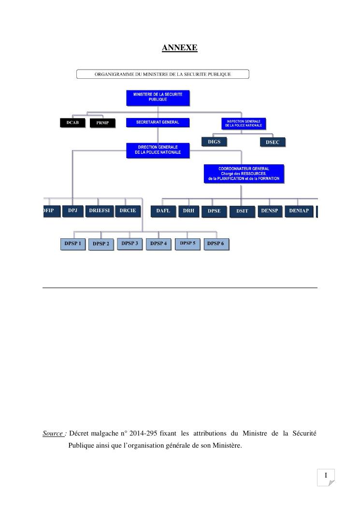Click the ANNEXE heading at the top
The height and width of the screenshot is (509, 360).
coord(179,48)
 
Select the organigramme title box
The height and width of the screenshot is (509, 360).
coord(162,74)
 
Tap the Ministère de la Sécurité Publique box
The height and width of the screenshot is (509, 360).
coord(158,98)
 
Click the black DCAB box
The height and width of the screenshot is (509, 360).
coord(72,123)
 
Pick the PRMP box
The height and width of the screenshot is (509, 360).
coord(102,123)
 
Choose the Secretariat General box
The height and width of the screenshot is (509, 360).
coord(158,123)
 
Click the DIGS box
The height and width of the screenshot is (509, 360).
coord(214,142)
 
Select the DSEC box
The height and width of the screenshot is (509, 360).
coord(273,142)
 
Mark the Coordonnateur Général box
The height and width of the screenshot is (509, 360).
coord(244,174)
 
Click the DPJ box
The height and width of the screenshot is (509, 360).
coord(72,211)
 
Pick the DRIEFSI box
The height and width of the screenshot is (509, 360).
coord(100,211)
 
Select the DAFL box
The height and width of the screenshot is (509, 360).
coord(163,211)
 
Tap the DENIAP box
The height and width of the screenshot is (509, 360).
coord(299,211)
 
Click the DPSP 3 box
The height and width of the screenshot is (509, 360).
coord(130,244)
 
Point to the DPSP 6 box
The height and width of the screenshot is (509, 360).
coord(216,244)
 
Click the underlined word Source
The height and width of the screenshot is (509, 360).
coord(53,434)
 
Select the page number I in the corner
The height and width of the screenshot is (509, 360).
coord(326,477)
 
